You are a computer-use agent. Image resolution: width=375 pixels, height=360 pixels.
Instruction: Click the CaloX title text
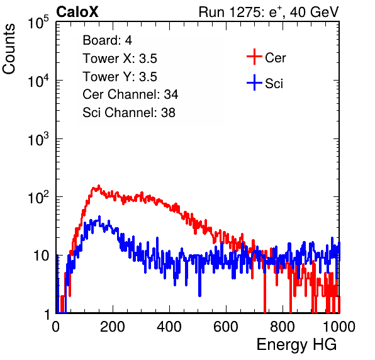pyautogui.click(x=77, y=12)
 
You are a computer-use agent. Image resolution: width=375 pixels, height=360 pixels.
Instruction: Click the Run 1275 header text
pyautogui.click(x=269, y=12)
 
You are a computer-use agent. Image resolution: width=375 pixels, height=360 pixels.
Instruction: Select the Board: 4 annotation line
pyautogui.click(x=107, y=40)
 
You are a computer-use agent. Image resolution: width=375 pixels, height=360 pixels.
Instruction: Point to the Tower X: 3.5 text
pyautogui.click(x=120, y=59)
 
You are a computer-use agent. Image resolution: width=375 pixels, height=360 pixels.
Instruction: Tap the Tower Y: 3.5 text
pyautogui.click(x=120, y=77)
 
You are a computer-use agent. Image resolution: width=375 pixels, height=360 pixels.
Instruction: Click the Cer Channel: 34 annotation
pyautogui.click(x=130, y=94)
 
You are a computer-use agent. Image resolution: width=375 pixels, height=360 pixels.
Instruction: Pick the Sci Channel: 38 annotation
pyautogui.click(x=129, y=113)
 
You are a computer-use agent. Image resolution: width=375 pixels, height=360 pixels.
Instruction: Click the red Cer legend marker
pyautogui.click(x=254, y=57)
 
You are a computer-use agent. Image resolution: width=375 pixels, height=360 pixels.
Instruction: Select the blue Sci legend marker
pyautogui.click(x=254, y=82)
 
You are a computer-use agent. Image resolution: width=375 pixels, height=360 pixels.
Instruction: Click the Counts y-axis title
pyautogui.click(x=9, y=49)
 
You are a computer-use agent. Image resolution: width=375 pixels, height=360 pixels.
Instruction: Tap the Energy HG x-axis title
pyautogui.click(x=296, y=345)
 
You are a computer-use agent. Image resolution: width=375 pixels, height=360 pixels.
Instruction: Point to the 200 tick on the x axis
pyautogui.click(x=113, y=327)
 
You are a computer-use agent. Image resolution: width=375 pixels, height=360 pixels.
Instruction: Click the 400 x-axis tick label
pyautogui.click(x=169, y=327)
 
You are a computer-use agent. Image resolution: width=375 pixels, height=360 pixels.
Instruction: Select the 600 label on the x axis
pyautogui.click(x=226, y=327)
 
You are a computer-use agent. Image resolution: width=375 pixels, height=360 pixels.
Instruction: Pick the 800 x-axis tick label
pyautogui.click(x=283, y=327)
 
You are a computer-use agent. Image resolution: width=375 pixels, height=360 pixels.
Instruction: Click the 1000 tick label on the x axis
pyautogui.click(x=339, y=327)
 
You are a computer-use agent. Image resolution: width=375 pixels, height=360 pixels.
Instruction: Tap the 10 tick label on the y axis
pyautogui.click(x=41, y=256)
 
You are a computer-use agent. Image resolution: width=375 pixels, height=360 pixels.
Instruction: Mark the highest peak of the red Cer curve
pyautogui.click(x=99, y=186)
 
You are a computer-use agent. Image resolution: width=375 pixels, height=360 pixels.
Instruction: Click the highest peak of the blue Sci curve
pyautogui.click(x=99, y=217)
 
